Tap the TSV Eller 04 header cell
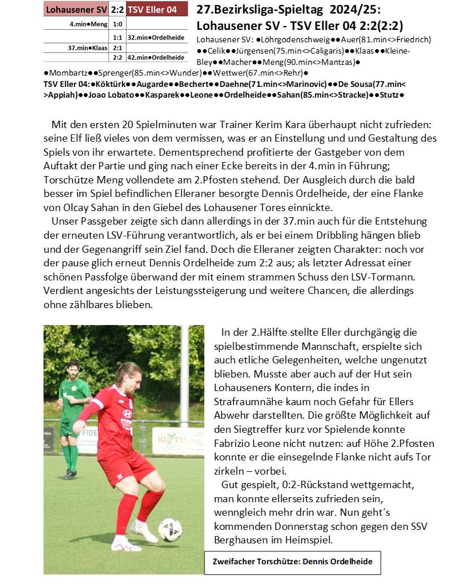156,9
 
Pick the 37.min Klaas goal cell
87,48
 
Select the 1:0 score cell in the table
117,24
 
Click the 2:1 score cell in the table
117,48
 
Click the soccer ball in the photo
169,530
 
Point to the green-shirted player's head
72,370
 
